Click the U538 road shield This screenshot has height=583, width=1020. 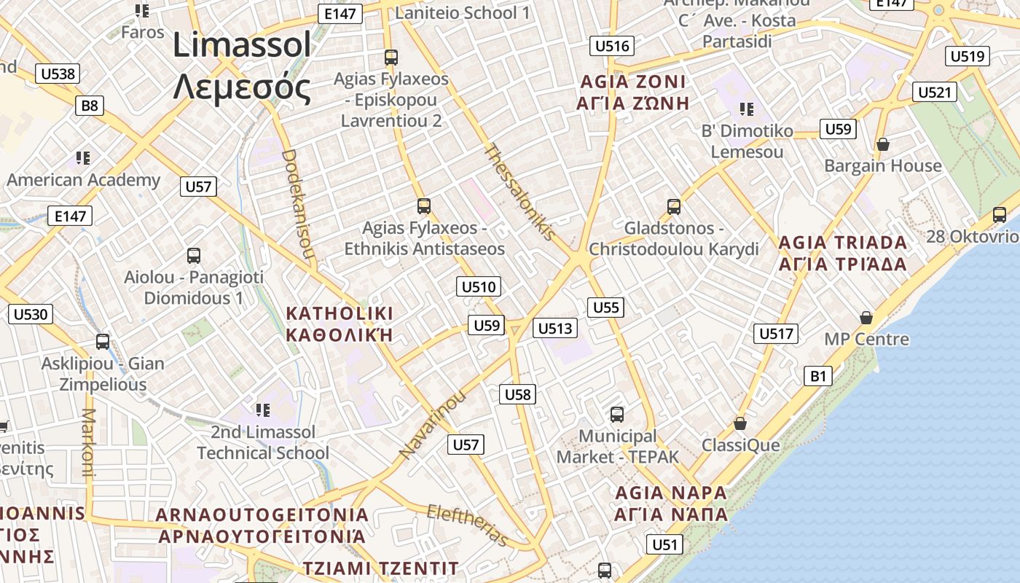coord(58,74)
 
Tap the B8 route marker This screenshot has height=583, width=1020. coord(89,106)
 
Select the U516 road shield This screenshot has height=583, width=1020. coord(611,47)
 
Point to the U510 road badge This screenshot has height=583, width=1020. coord(479,286)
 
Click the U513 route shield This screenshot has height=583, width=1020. coord(555,329)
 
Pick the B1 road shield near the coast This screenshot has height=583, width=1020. coord(819,376)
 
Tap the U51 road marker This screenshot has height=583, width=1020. coord(664,544)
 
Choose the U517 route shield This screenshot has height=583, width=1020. coord(776,334)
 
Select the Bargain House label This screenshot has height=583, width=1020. coord(882,166)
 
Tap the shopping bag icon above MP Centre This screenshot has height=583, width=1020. coord(866,318)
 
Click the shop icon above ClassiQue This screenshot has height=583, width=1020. coord(740,423)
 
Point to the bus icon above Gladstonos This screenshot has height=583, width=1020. coord(674,206)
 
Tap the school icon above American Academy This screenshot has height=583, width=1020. coord(82,157)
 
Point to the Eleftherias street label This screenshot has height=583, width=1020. coord(467,525)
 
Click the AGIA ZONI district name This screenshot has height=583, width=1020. coord(632,81)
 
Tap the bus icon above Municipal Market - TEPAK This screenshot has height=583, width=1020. coord(617,415)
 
